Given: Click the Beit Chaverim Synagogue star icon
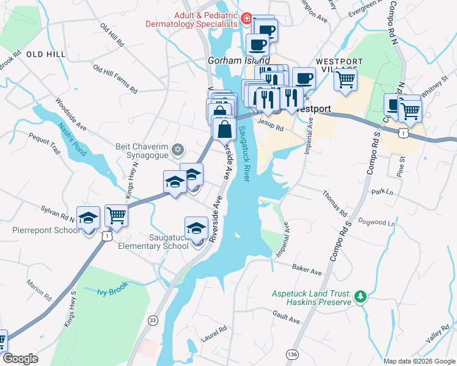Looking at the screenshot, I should (178, 149).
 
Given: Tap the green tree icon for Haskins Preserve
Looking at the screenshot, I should (360, 296).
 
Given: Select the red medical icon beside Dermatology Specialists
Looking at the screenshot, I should (246, 19).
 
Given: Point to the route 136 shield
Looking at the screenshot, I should (293, 353).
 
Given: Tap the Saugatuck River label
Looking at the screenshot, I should (244, 153).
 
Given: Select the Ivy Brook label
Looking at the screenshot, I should (111, 291).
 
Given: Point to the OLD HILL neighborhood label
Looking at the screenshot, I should (46, 54).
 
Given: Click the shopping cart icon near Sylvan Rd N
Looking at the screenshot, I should (116, 215).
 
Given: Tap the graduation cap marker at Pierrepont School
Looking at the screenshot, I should (89, 218).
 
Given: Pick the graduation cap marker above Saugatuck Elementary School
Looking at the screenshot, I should (196, 229).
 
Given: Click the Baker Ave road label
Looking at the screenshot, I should (307, 269).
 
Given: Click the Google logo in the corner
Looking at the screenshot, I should (20, 359).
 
